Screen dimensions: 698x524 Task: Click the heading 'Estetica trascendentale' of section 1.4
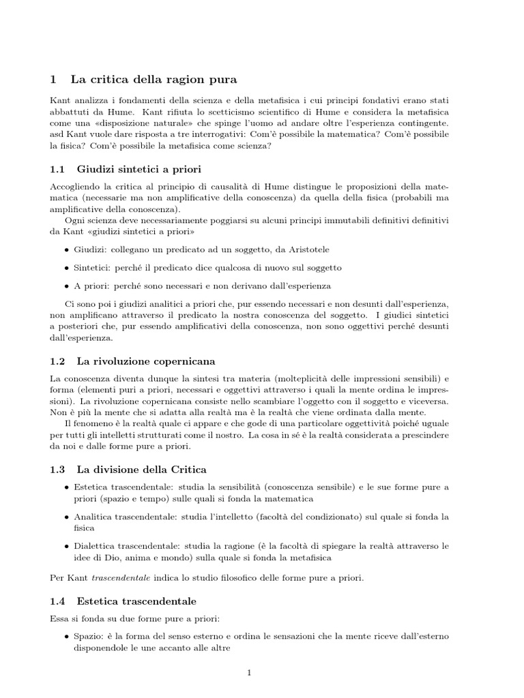click(x=136, y=601)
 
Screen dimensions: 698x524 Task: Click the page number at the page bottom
click(x=250, y=673)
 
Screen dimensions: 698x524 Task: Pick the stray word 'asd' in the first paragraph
click(x=59, y=135)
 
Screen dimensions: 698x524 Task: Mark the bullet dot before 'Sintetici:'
click(x=66, y=268)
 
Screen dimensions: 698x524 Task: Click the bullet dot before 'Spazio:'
click(x=66, y=637)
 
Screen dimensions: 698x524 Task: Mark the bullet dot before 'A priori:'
click(x=66, y=286)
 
